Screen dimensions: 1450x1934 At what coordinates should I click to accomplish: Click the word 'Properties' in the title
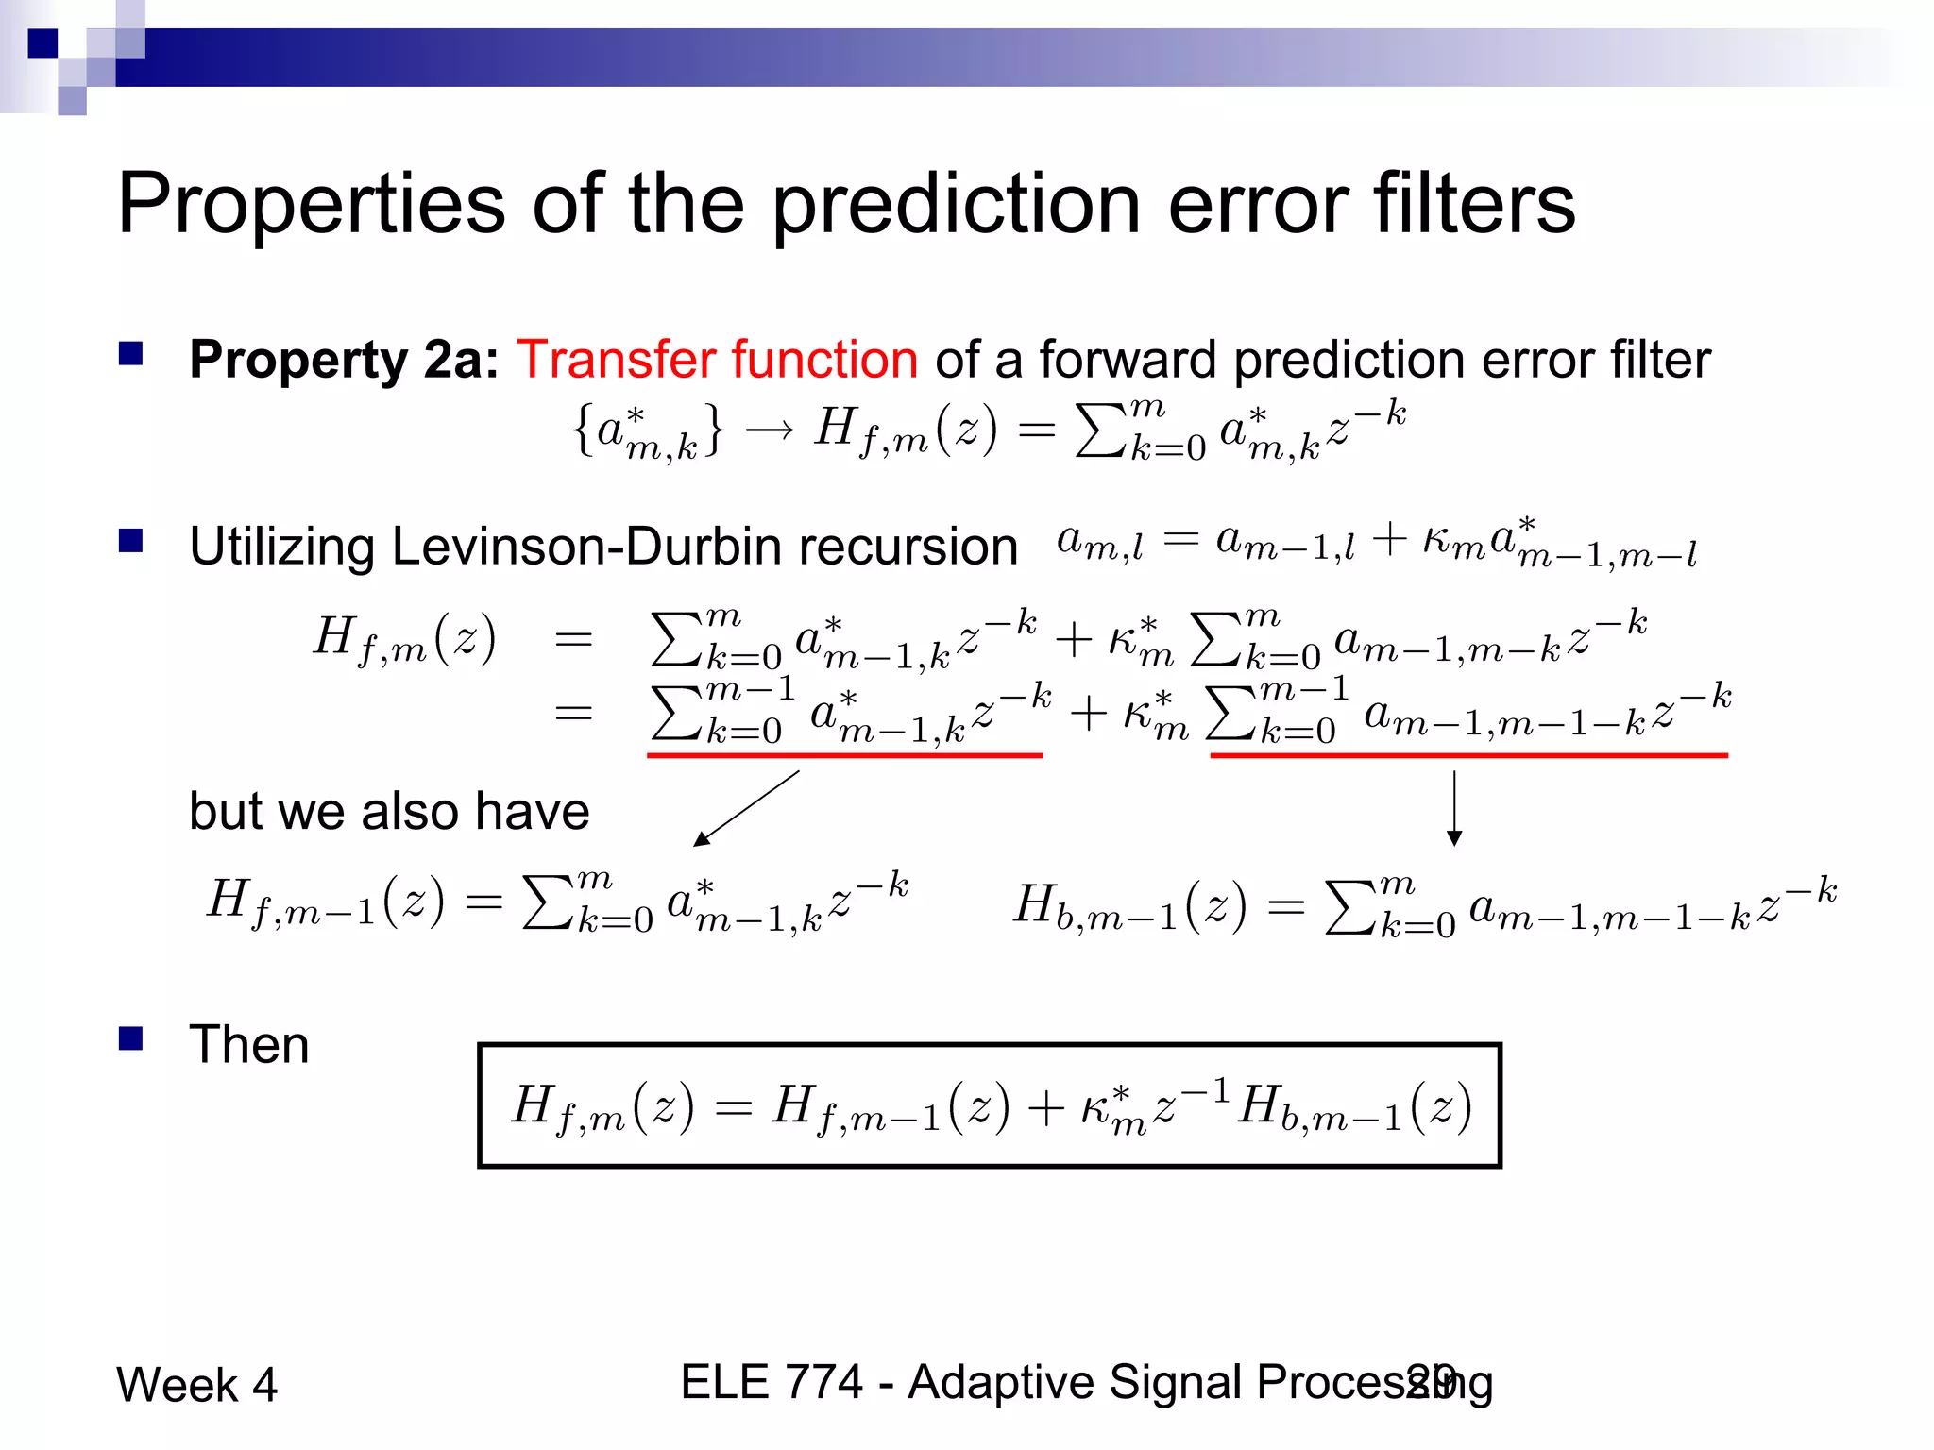pyautogui.click(x=312, y=205)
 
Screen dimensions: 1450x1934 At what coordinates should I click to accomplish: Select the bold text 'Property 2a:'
pyautogui.click(x=344, y=360)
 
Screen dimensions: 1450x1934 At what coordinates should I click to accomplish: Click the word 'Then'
pyautogui.click(x=249, y=1045)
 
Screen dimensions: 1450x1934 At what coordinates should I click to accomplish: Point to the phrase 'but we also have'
pyautogui.click(x=389, y=811)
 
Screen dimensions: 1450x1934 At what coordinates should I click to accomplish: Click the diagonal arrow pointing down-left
pyautogui.click(x=746, y=808)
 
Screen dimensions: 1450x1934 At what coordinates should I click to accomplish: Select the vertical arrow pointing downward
pyautogui.click(x=1454, y=808)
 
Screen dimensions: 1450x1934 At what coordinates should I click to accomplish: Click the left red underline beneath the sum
pyautogui.click(x=844, y=755)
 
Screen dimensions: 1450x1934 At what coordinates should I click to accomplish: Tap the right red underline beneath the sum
pyautogui.click(x=1468, y=755)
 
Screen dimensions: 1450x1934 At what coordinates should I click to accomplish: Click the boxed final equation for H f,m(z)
pyautogui.click(x=989, y=1105)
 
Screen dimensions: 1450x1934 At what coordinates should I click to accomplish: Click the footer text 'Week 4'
pyautogui.click(x=196, y=1385)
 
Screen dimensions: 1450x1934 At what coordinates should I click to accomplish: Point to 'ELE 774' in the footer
pyautogui.click(x=771, y=1382)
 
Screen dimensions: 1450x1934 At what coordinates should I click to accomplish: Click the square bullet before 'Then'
pyautogui.click(x=130, y=1039)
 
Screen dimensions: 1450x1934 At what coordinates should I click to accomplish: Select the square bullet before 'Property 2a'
pyautogui.click(x=130, y=354)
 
